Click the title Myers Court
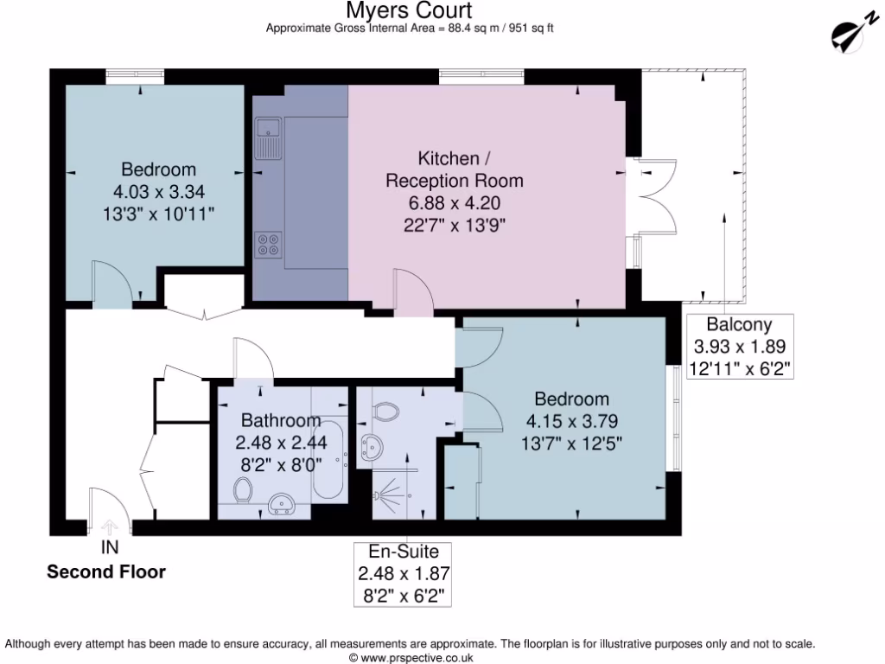coord(409,10)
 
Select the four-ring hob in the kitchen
coord(267,245)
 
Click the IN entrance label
coord(110,547)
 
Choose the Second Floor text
coord(105,571)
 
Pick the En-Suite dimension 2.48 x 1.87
coord(404,573)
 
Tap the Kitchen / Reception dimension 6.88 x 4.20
coord(454,203)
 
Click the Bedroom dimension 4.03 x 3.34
coord(158,190)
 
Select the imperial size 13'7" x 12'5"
coord(570,444)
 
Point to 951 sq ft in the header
coord(528,28)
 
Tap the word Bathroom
coord(281,421)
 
